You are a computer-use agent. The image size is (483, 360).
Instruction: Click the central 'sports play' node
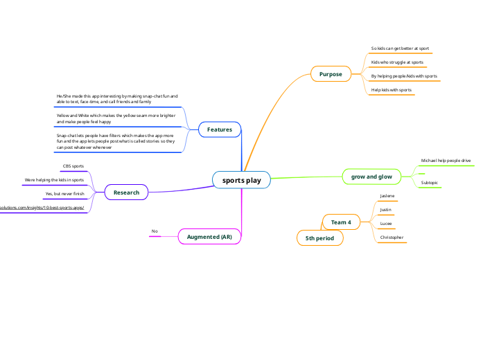click(241, 181)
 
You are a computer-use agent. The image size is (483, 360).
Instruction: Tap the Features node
click(220, 129)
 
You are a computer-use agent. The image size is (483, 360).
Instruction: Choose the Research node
click(126, 192)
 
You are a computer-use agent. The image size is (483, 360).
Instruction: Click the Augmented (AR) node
click(209, 237)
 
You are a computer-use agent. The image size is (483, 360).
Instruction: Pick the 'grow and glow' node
click(371, 177)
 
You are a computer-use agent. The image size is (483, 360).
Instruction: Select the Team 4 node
click(340, 222)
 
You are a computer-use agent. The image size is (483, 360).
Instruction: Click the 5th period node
click(319, 238)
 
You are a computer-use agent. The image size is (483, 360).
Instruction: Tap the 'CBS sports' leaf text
click(73, 166)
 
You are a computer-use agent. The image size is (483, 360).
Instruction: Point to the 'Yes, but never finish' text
click(64, 194)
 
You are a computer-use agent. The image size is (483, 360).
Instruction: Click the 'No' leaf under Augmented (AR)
click(155, 231)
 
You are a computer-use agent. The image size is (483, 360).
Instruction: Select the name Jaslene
click(387, 196)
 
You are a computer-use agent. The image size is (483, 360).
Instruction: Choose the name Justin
click(386, 209)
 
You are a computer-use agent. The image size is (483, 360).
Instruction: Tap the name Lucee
click(386, 224)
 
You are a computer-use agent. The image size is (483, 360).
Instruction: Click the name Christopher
click(392, 237)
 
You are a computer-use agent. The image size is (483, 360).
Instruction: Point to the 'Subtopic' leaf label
click(429, 183)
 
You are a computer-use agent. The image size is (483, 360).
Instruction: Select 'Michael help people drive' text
click(446, 161)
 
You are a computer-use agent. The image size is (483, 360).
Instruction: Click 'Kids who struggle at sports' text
click(397, 62)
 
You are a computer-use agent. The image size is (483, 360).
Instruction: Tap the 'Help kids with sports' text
click(392, 89)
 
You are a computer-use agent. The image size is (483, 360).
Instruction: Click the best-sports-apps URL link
click(42, 207)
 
